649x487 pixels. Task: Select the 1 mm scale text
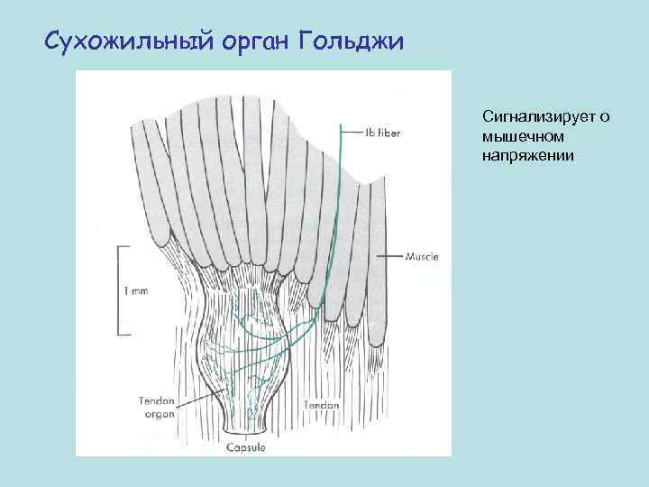[134, 290]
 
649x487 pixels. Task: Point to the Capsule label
[244, 447]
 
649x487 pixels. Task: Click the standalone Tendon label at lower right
[322, 405]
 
